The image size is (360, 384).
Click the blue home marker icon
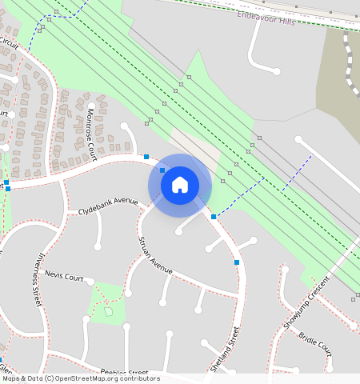180,185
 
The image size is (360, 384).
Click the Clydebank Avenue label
108,206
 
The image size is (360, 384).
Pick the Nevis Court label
64,276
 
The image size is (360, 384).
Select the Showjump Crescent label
306,303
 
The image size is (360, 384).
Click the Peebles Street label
124,372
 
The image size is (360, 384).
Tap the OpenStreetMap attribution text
80,378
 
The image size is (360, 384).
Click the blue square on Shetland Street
237,262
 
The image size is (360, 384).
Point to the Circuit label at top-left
9,42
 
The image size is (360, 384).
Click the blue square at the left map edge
6,183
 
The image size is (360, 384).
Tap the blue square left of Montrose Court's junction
146,157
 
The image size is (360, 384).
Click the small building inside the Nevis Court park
109,310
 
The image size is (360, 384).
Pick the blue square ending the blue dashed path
213,216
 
